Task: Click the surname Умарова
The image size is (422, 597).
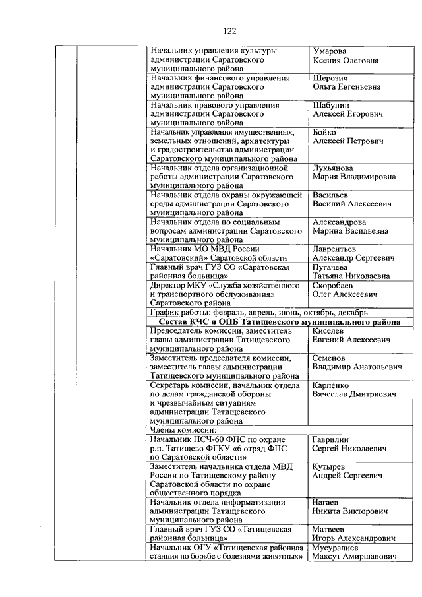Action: tap(330, 51)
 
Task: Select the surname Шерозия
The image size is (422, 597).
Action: tap(330, 78)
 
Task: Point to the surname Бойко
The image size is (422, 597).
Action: tap(325, 132)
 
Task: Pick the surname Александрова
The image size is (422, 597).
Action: tap(339, 222)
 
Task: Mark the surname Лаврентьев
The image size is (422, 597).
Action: tap(334, 249)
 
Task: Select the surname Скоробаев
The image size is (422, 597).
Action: tap(334, 286)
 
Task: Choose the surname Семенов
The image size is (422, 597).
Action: tap(330, 358)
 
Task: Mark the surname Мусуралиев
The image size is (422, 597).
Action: tap(336, 548)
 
